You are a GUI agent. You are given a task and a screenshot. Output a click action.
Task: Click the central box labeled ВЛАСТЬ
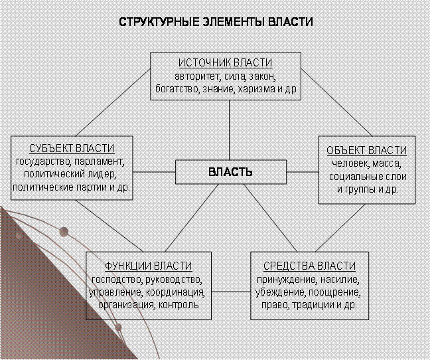tap(231, 172)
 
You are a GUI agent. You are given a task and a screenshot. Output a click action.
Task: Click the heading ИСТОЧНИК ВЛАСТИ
tap(226, 63)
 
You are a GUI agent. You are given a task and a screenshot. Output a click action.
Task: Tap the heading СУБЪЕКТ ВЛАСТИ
tap(72, 148)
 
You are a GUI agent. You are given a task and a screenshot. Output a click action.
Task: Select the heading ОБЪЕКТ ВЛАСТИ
tap(367, 150)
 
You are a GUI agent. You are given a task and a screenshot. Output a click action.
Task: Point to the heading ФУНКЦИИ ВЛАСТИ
tap(149, 266)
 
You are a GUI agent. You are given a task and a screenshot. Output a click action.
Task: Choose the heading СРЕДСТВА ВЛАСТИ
tap(309, 266)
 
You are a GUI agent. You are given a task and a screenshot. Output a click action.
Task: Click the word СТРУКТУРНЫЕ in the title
tap(159, 22)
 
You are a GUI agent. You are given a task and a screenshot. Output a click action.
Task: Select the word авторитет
tap(198, 76)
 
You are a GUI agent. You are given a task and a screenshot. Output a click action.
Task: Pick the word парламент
tap(100, 161)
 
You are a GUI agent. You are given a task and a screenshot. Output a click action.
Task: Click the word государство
tap(44, 161)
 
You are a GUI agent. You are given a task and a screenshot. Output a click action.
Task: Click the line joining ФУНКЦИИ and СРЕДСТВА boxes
tap(231, 292)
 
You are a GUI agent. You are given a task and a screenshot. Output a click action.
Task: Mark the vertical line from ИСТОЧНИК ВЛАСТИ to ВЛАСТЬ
tap(229, 130)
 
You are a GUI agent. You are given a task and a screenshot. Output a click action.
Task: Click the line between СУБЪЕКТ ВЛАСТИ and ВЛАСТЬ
tap(154, 172)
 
